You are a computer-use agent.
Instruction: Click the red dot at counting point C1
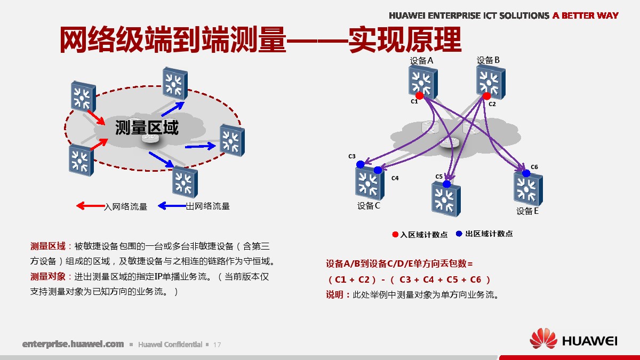coord(419,95)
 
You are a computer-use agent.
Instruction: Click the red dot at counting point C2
coord(486,96)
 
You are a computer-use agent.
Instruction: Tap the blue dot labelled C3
coord(361,164)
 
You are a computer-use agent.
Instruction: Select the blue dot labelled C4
coord(378,170)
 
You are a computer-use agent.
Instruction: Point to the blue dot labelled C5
coord(446,184)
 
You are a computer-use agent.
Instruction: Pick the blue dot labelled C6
coord(526,173)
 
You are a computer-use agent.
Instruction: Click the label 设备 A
coord(421,61)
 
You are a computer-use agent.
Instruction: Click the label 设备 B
coord(488,60)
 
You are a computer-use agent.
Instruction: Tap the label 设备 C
coord(369,206)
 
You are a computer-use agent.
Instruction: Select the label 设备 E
coord(527,211)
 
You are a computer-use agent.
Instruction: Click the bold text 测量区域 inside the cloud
coord(147,127)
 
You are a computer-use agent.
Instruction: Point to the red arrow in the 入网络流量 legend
coord(91,206)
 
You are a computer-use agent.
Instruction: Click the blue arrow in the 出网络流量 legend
coord(172,206)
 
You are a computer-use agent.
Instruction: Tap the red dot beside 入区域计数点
coord(395,235)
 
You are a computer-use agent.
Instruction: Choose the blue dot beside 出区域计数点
coord(459,234)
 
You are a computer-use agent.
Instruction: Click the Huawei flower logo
coord(543,339)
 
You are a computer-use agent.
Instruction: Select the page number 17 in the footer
coord(217,345)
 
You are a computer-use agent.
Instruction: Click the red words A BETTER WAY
coord(586,15)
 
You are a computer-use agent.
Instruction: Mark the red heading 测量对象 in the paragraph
coord(47,277)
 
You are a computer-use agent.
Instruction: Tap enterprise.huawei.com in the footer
coord(73,344)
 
